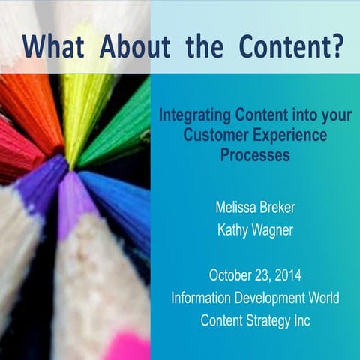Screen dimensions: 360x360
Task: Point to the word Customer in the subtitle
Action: (205, 137)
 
